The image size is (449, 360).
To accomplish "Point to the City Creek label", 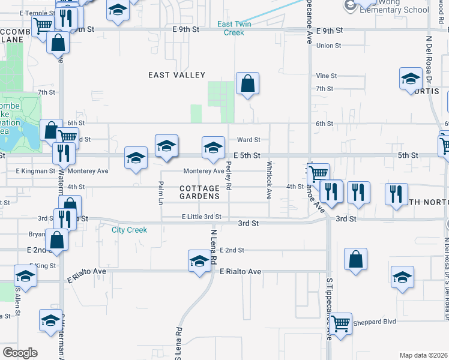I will (x=129, y=230).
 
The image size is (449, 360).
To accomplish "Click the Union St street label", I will (x=328, y=46).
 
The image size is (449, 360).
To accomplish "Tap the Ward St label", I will (x=249, y=140).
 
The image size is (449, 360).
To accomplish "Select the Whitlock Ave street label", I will (x=270, y=173).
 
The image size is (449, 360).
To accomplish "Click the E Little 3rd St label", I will (x=202, y=217).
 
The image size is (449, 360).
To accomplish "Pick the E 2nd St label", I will (x=232, y=250).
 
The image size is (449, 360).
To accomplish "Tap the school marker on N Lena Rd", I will (x=199, y=261).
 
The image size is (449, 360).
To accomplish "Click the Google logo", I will (x=19, y=352).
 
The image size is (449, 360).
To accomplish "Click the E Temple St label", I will (x=36, y=13).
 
